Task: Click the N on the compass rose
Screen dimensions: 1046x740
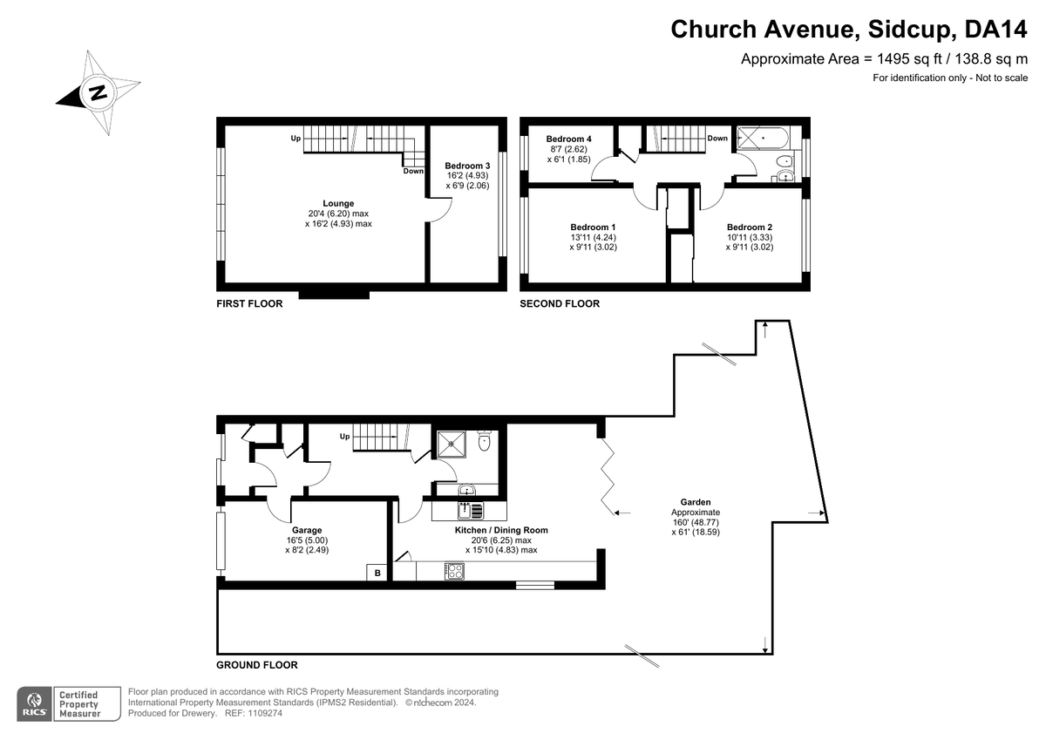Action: (98, 93)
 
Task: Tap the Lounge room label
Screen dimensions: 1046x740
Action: (338, 204)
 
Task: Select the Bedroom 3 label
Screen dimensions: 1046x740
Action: (467, 166)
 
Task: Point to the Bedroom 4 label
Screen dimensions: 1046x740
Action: (568, 139)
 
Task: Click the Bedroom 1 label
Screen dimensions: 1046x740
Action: (593, 227)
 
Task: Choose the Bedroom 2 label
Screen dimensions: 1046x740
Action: (750, 227)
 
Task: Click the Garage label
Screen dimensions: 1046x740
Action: (307, 530)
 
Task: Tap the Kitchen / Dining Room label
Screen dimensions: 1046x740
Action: (501, 530)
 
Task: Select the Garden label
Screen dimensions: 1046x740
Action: (696, 502)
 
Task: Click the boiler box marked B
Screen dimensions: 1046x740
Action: (377, 573)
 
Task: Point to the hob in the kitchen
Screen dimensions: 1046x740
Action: (454, 571)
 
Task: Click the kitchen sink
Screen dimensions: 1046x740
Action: (470, 511)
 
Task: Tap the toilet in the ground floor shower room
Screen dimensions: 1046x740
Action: (485, 440)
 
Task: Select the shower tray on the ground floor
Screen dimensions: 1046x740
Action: (452, 445)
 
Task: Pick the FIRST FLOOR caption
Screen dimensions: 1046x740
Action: (249, 303)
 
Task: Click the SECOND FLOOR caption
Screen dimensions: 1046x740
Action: (560, 303)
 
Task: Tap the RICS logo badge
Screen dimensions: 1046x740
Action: (35, 703)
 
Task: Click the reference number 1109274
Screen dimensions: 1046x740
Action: (264, 713)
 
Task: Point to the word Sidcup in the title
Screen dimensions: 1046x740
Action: (909, 29)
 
